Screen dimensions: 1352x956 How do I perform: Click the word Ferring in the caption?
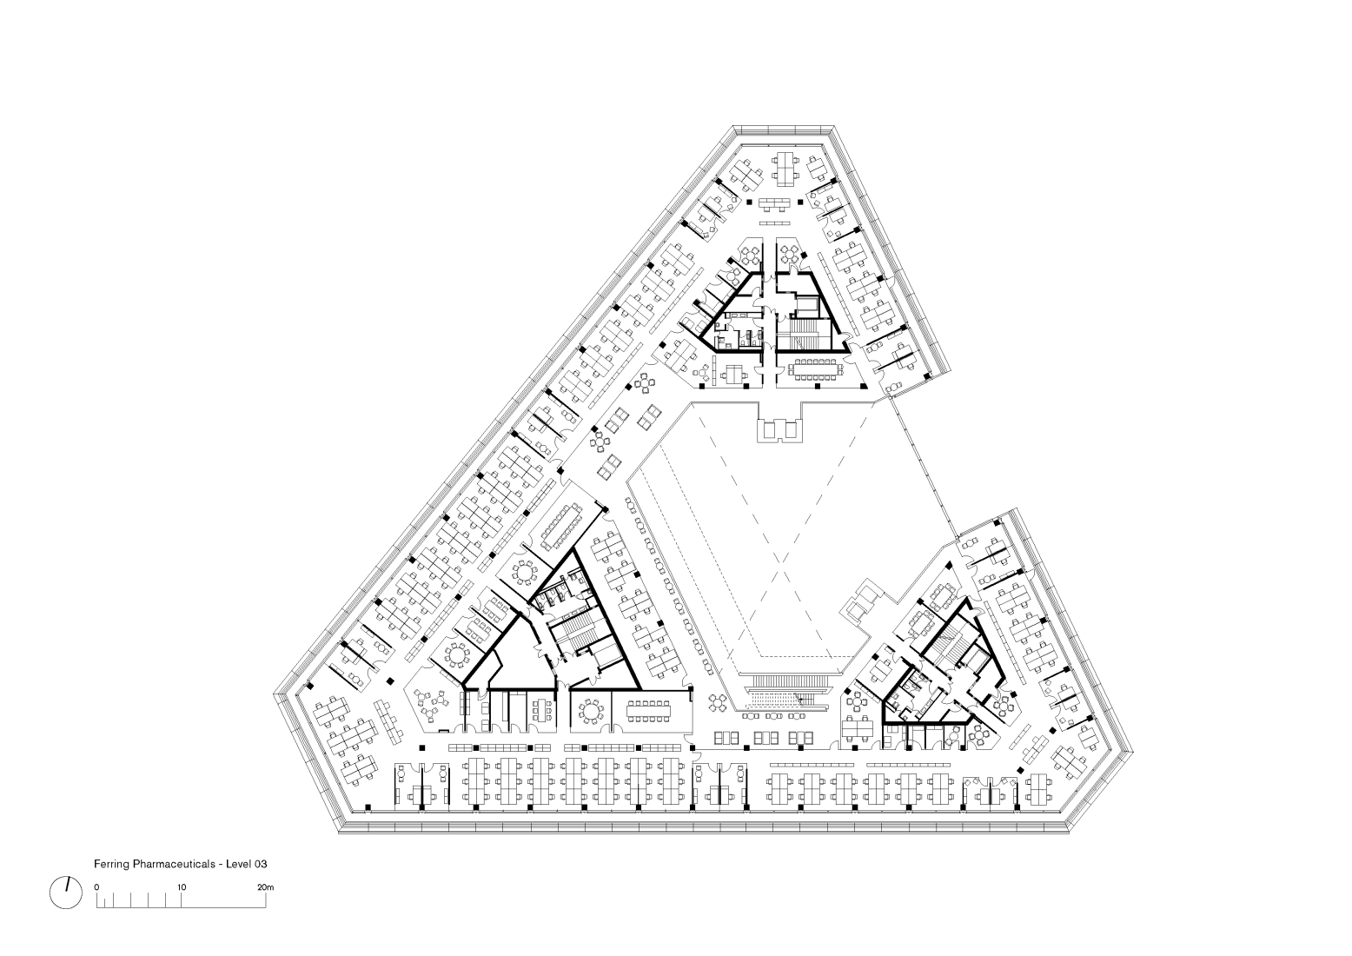112,864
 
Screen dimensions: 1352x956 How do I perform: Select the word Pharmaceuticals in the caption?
174,864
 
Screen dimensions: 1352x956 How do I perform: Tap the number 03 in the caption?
260,864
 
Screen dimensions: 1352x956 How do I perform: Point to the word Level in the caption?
238,864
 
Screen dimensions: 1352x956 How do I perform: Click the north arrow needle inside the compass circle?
67,885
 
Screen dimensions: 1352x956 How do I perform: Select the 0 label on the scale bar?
96,887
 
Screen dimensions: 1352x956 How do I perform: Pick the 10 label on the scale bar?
182,887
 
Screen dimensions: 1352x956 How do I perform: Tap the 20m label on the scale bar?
266,887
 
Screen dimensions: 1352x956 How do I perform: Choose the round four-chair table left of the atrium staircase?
718,702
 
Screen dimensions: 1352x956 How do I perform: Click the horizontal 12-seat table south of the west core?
649,710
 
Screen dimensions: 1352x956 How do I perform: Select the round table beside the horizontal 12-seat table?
590,710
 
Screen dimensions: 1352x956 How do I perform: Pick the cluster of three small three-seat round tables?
432,704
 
